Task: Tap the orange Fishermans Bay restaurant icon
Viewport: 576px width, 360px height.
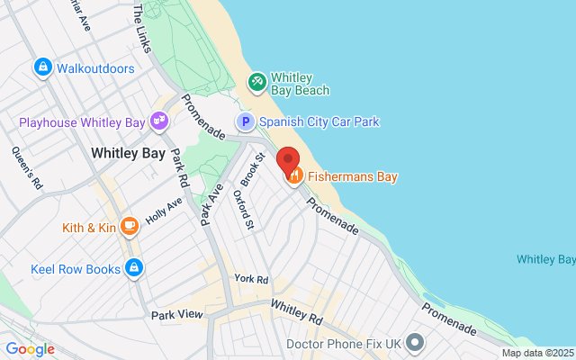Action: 294,177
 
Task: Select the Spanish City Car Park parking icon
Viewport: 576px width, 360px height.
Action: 245,121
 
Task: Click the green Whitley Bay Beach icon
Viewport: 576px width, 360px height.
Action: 257,82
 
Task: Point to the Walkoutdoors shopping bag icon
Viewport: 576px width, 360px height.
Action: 42,67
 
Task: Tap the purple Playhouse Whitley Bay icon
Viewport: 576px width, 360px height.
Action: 159,120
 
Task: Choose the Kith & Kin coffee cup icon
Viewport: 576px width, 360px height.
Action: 130,227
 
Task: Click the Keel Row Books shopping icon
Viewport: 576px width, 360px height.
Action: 134,267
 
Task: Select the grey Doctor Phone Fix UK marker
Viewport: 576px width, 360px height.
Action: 415,343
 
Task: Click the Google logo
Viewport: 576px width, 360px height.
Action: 30,349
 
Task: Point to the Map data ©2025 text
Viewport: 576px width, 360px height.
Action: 537,353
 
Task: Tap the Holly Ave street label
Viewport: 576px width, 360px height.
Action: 164,211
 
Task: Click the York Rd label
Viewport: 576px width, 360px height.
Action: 251,280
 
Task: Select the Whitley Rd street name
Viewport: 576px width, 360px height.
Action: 296,313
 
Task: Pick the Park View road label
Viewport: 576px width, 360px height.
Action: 177,315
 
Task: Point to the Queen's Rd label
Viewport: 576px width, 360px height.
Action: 24,167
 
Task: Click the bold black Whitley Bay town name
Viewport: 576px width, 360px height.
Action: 128,154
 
